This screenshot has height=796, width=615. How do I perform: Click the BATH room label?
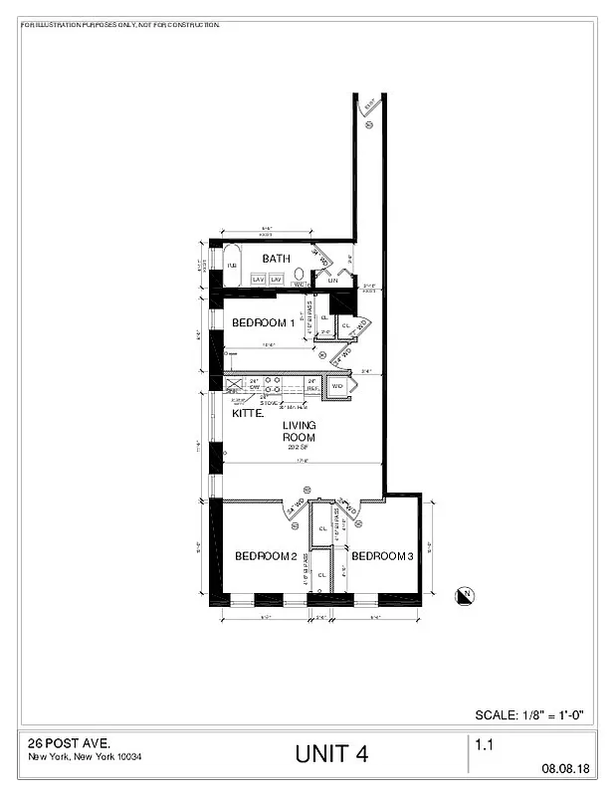276,259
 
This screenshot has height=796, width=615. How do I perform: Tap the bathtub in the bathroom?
231,266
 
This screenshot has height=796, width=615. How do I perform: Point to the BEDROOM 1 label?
263,322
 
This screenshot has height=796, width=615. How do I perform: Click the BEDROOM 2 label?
266,555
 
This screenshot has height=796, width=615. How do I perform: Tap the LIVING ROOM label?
299,431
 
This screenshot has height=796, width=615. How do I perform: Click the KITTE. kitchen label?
248,412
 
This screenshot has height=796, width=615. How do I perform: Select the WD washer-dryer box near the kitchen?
337,386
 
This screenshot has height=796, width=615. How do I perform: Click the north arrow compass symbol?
464,595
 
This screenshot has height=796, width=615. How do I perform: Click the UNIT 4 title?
331,754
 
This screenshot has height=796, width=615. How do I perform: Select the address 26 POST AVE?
69,743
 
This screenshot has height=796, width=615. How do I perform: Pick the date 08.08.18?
565,768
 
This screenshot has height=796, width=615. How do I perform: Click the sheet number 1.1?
486,743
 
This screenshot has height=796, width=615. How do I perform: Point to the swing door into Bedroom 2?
296,507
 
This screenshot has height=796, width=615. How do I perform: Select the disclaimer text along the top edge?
119,24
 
